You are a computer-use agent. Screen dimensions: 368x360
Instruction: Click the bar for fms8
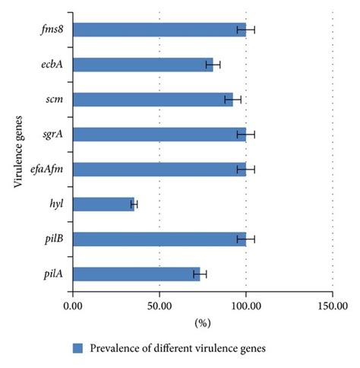tap(159, 30)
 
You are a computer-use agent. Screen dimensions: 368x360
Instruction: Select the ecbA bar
tap(143, 65)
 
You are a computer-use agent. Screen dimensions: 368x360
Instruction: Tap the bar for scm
tap(153, 99)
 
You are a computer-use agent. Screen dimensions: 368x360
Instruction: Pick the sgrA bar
tap(159, 134)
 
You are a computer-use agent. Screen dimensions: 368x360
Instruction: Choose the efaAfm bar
tap(159, 169)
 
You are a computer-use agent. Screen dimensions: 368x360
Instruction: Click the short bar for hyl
tap(103, 204)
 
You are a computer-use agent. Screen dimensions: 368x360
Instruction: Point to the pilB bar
tap(159, 239)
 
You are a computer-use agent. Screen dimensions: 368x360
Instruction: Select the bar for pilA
tap(136, 274)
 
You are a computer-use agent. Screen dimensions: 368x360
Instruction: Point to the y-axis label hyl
tap(55, 204)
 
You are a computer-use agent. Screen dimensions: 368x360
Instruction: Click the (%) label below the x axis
tap(203, 323)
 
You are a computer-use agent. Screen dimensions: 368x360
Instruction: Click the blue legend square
tap(77, 348)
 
